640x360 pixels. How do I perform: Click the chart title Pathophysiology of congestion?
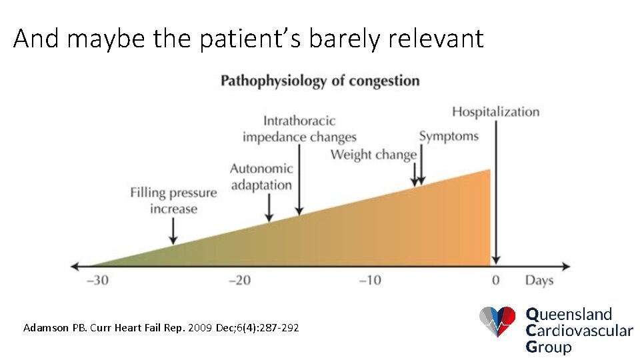pos(320,81)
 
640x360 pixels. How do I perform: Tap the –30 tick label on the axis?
pos(98,280)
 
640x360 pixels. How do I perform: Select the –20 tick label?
pos(239,280)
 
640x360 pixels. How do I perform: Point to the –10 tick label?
pos(370,280)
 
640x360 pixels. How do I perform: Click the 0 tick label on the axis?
pos(495,280)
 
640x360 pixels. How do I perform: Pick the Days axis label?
pos(539,280)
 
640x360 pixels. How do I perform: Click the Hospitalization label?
pos(495,111)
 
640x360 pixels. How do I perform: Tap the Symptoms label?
pos(449,136)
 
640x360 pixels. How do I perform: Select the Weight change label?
pos(373,155)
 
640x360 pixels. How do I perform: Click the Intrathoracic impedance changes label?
pos(299,129)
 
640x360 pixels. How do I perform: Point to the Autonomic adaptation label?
pos(261,177)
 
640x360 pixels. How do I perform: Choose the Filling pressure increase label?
pos(173,201)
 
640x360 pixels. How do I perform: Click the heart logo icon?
pos(497,321)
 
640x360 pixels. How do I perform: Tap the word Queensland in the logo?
pos(569,313)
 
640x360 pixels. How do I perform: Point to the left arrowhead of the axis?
pos(75,265)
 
